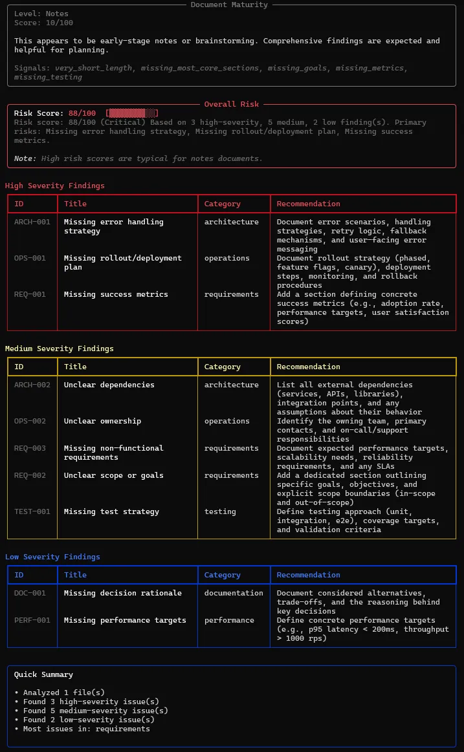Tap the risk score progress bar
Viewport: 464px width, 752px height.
point(132,113)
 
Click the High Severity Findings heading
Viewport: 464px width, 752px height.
point(54,186)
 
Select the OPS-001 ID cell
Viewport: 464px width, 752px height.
point(30,258)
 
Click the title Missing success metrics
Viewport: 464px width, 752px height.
point(115,294)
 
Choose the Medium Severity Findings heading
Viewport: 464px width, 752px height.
point(59,349)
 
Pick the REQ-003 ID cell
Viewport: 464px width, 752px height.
point(30,448)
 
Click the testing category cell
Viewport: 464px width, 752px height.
point(220,511)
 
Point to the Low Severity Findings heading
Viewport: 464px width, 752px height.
point(52,557)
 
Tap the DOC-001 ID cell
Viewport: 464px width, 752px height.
point(30,593)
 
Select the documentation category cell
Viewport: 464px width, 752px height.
point(234,593)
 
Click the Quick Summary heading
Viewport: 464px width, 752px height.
point(43,674)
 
